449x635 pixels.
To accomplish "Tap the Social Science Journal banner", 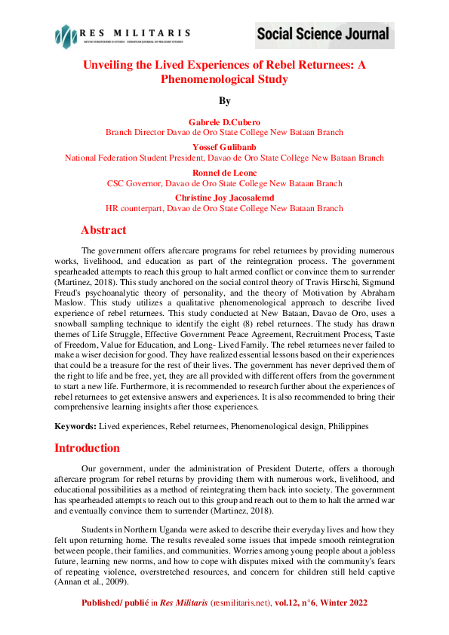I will [323, 34].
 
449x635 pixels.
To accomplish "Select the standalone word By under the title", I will [224, 101].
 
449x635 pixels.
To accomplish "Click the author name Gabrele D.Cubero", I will [224, 121].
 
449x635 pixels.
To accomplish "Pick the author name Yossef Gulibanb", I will [224, 148].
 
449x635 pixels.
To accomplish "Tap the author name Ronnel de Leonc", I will [224, 173].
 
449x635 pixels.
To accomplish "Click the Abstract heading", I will [103, 230].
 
